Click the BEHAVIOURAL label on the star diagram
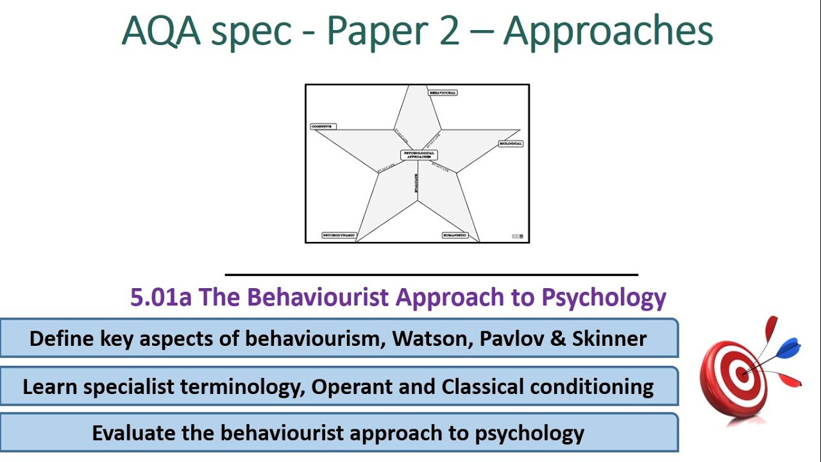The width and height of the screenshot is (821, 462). pyautogui.click(x=443, y=93)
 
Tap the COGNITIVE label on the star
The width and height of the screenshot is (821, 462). pyautogui.click(x=323, y=126)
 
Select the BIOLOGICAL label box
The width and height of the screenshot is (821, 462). pyautogui.click(x=511, y=144)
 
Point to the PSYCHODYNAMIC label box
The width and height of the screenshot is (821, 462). pyautogui.click(x=339, y=235)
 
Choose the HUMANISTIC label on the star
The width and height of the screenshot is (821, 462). pyautogui.click(x=455, y=235)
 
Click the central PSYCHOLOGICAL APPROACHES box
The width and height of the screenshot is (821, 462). pyautogui.click(x=419, y=155)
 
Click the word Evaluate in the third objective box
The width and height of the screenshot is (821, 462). pyautogui.click(x=133, y=433)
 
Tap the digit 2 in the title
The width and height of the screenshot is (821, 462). pyautogui.click(x=449, y=32)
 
